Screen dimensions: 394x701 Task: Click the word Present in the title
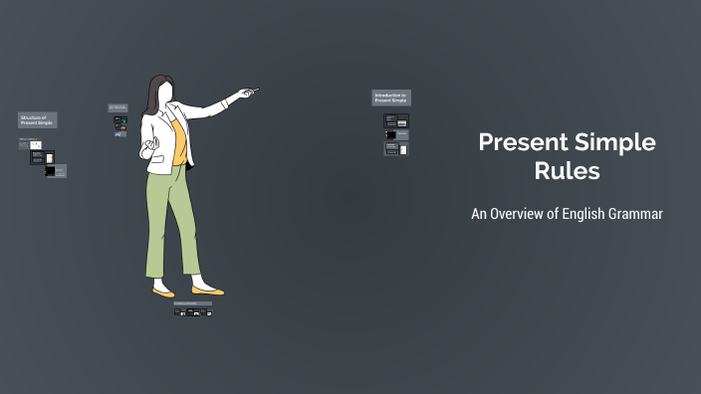(519, 142)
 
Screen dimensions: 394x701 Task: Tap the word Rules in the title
(567, 171)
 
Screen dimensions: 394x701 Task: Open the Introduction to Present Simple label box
(391, 98)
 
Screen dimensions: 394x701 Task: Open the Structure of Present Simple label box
(37, 120)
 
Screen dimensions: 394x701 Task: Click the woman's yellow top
(178, 140)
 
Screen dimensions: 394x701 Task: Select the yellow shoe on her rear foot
(162, 293)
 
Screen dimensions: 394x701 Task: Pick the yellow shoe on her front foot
(208, 292)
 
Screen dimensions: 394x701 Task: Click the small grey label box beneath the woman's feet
(192, 303)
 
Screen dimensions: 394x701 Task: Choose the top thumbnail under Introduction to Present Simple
(396, 120)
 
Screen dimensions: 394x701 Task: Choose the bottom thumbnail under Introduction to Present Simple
(396, 149)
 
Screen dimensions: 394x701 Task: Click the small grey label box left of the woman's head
(117, 107)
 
